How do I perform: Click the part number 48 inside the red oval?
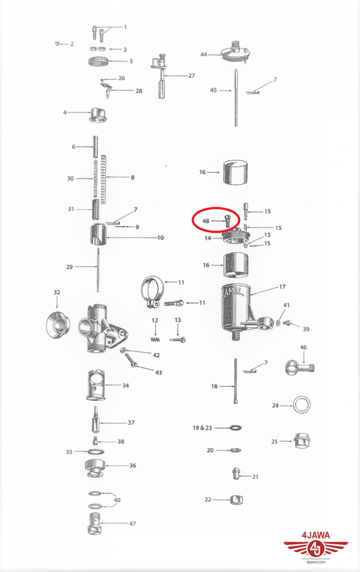click(206, 221)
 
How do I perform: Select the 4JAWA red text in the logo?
click(316, 535)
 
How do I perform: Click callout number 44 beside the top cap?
click(203, 55)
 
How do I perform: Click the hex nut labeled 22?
click(236, 499)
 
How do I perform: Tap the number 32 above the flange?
click(57, 292)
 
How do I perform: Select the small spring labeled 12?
click(155, 339)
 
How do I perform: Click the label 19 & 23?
click(202, 427)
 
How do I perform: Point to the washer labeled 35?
click(96, 452)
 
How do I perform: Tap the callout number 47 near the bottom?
click(132, 523)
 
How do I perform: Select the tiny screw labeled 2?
click(57, 44)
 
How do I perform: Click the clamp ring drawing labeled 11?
click(153, 291)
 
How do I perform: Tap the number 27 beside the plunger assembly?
click(192, 76)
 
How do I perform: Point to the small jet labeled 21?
click(236, 473)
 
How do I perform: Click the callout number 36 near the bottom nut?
click(132, 466)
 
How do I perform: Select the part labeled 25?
click(302, 441)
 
